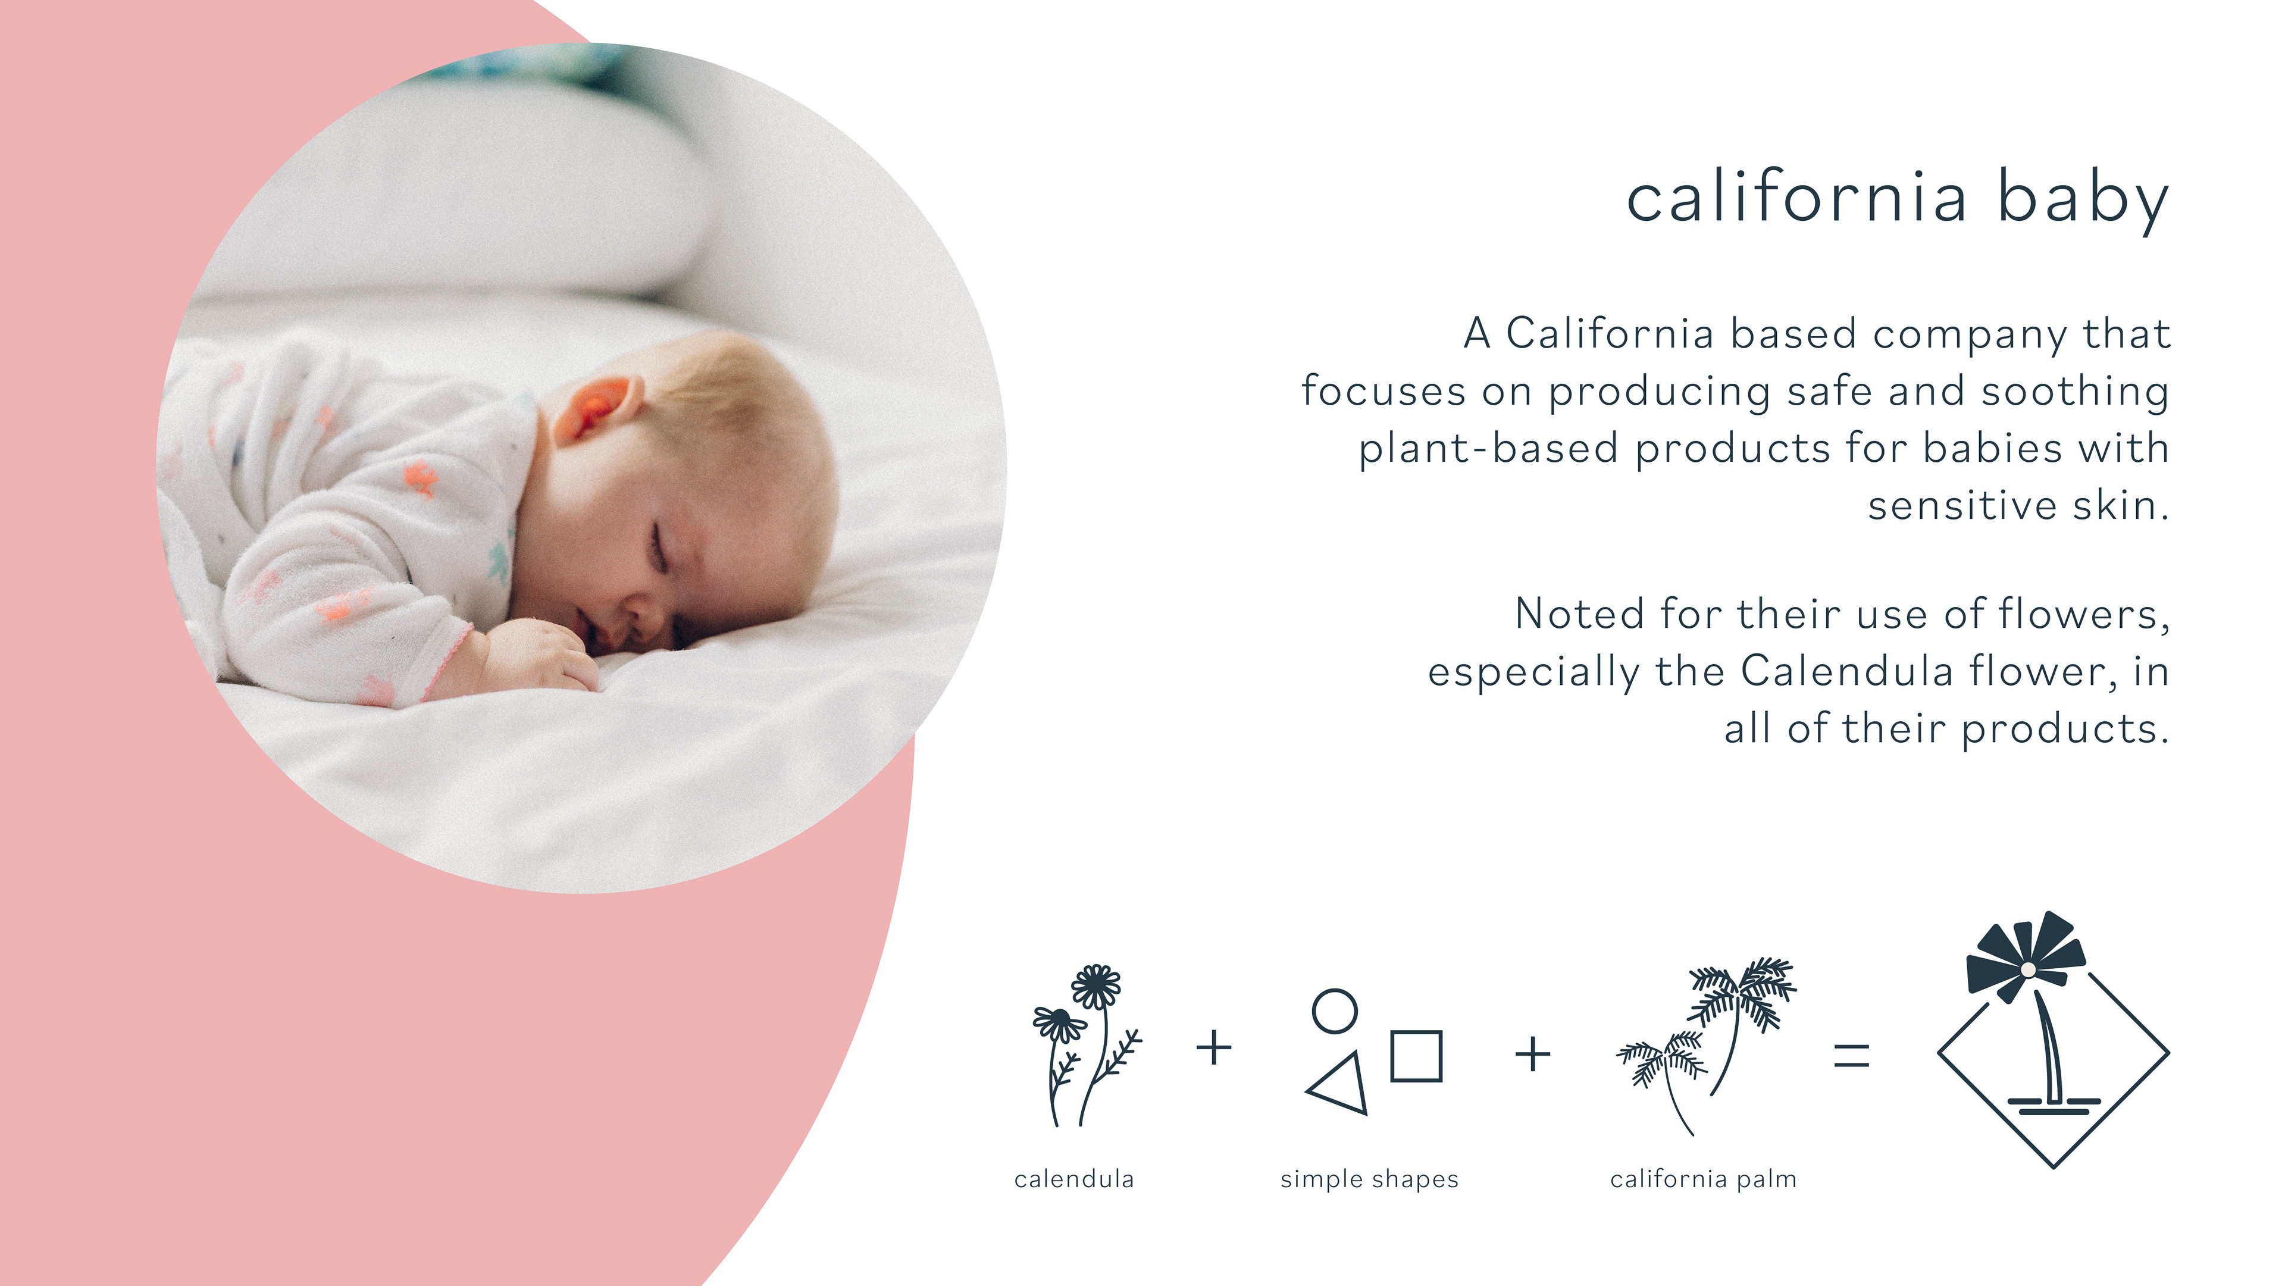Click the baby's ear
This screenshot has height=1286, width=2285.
pyautogui.click(x=596, y=408)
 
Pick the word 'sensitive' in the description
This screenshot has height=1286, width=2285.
pyautogui.click(x=1962, y=505)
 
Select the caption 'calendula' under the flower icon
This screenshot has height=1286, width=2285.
pyautogui.click(x=1074, y=1179)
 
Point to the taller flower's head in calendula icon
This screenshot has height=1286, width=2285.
pyautogui.click(x=1096, y=985)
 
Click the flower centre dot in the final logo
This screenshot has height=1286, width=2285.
pyautogui.click(x=2028, y=970)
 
